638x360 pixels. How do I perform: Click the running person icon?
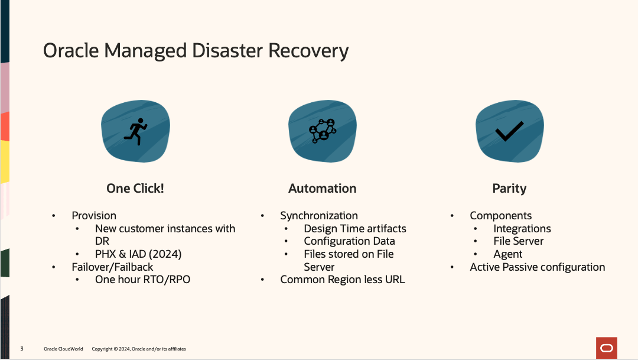click(x=135, y=131)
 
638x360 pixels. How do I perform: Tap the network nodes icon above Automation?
click(x=323, y=131)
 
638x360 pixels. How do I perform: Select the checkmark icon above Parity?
click(x=509, y=131)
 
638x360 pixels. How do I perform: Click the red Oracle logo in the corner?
click(x=607, y=348)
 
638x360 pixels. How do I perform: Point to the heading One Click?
click(x=135, y=189)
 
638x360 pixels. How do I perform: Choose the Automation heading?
click(x=323, y=189)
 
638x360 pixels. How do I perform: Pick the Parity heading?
click(x=509, y=189)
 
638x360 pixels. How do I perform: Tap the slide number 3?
click(x=22, y=349)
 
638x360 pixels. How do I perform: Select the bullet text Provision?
click(x=94, y=216)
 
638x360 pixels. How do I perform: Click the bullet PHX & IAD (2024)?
click(x=138, y=254)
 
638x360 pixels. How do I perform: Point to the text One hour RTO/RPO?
click(x=142, y=279)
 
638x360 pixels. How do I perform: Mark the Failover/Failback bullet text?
click(x=112, y=267)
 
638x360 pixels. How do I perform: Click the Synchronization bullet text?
click(x=319, y=216)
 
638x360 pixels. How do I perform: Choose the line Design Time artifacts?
click(x=355, y=229)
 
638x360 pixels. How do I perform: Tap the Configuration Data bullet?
click(x=349, y=241)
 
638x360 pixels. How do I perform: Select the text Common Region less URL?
click(x=343, y=280)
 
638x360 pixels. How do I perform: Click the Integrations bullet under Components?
click(x=522, y=229)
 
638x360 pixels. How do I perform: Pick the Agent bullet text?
click(x=508, y=254)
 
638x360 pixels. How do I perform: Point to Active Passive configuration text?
click(x=538, y=267)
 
